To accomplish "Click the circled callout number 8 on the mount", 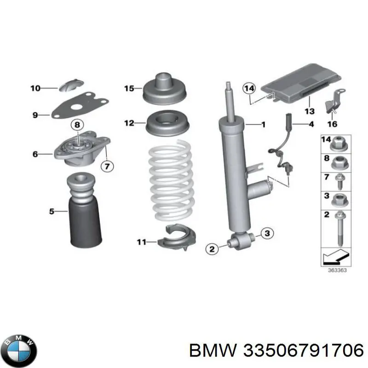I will click(x=77, y=124).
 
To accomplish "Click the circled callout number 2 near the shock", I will click(x=212, y=249).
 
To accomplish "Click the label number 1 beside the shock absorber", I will click(x=264, y=124).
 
